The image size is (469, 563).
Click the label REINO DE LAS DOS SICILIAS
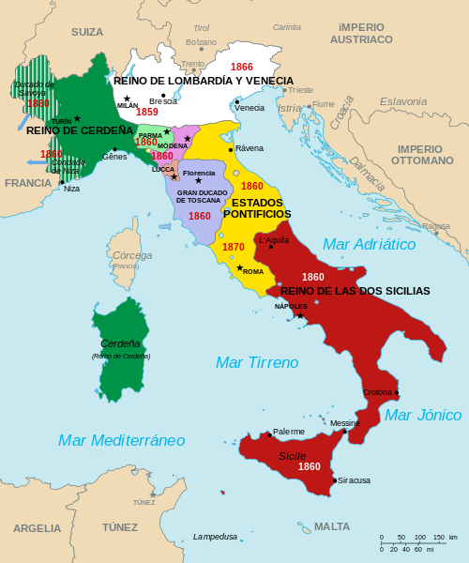pos(355,291)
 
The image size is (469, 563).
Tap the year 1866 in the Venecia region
pos(242,68)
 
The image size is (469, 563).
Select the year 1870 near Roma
pos(234,247)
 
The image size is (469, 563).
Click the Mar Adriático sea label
pos(369,244)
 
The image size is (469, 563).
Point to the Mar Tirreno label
pos(257,362)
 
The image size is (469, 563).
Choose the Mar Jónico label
pos(423,415)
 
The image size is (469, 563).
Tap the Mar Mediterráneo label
pos(121,440)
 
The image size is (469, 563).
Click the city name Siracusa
pos(354,480)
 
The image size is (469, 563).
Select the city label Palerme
pos(288,432)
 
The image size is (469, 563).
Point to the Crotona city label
pos(377,392)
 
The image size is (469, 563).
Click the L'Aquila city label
pos(274,240)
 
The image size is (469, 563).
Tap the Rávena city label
pos(250,148)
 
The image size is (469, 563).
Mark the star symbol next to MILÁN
pos(127,99)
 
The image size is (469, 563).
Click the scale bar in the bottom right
pos(418,545)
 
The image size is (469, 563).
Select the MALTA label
pos(331,526)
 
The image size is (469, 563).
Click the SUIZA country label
pos(87,32)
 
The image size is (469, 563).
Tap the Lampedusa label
pos(215,537)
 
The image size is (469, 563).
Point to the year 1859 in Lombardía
pos(146,112)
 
